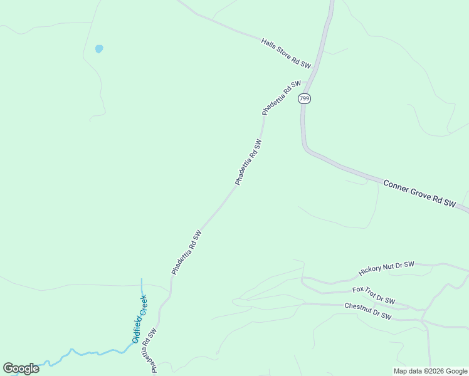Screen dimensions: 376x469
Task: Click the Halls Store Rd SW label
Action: click(286, 53)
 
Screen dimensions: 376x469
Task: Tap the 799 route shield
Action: click(305, 98)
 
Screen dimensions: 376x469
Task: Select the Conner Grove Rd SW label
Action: click(418, 193)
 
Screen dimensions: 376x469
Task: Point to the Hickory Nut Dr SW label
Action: click(386, 268)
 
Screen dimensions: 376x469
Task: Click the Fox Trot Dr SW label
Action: click(374, 295)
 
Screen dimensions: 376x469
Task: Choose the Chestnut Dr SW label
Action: click(368, 311)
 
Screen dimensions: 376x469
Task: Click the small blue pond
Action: click(98, 48)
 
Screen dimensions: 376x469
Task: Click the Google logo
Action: click(21, 368)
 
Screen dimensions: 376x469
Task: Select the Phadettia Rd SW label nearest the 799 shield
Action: click(282, 98)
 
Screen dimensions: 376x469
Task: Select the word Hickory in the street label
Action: click(370, 272)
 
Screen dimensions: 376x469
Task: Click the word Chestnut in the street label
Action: click(357, 308)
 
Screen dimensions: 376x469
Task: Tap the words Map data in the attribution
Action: click(407, 371)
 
